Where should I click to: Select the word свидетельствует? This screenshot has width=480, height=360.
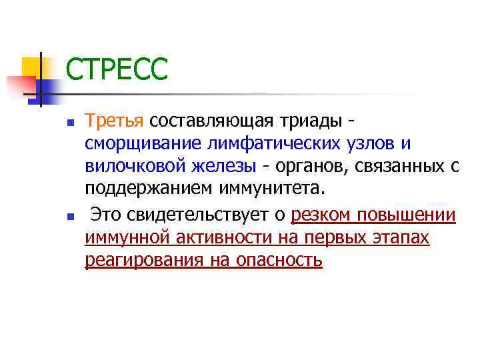(x=201, y=215)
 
